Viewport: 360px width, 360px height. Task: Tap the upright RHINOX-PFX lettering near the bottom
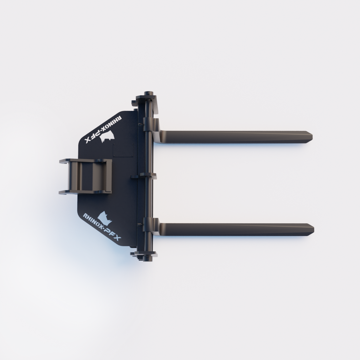click(x=102, y=227)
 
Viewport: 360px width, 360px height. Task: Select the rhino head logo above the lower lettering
click(x=104, y=217)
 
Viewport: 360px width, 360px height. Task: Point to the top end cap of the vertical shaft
click(x=148, y=94)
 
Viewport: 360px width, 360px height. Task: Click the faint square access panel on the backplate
click(x=123, y=149)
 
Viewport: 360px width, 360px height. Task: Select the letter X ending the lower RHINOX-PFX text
click(x=117, y=239)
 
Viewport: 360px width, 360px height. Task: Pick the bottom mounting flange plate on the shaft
click(x=146, y=253)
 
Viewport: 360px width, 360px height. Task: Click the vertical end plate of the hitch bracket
click(x=109, y=176)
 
